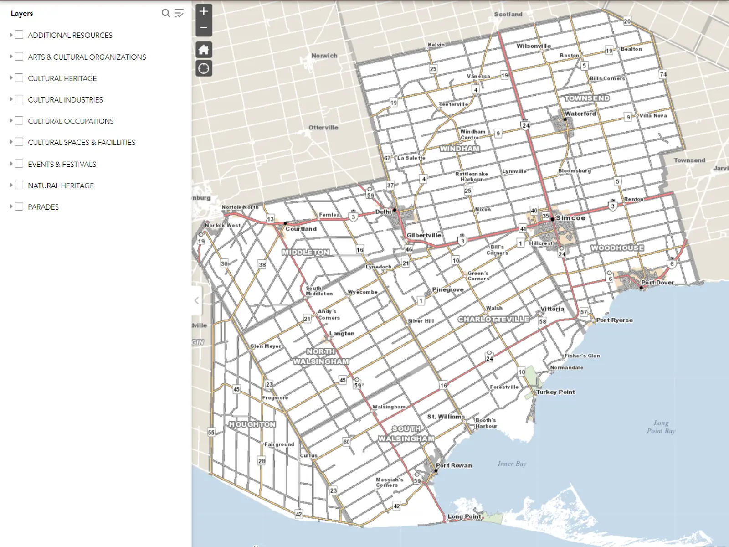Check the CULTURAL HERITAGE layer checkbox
[x=19, y=78]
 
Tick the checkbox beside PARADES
[x=19, y=206]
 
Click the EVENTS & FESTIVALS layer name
[x=62, y=164]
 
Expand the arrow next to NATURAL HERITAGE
[x=11, y=185]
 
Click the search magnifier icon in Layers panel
[x=166, y=13]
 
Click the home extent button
[x=204, y=50]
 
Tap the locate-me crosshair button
[x=204, y=68]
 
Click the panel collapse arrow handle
[x=196, y=300]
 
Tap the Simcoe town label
[x=570, y=218]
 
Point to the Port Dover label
[x=657, y=283]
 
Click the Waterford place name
[x=580, y=114]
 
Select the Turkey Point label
[x=555, y=392]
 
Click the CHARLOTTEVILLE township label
[x=493, y=319]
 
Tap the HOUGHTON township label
[x=252, y=424]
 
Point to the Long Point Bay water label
[x=661, y=427]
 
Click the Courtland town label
[x=301, y=229]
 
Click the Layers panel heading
[x=22, y=13]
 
